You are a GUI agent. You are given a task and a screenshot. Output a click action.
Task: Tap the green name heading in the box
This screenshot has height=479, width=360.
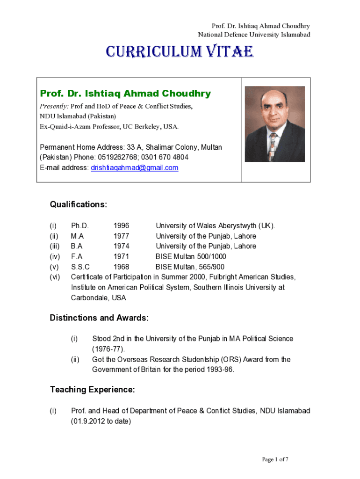tap(125, 94)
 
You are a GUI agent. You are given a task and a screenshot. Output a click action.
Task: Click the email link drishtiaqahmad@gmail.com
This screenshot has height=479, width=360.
tap(134, 167)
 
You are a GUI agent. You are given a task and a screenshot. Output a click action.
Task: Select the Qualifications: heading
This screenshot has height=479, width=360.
tap(79, 205)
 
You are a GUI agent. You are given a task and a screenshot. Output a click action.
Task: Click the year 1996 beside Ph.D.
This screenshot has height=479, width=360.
tap(122, 225)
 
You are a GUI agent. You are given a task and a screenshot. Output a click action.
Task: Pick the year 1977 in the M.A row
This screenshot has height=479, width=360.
tap(122, 236)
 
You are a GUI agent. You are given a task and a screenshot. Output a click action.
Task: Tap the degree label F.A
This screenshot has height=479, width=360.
tap(77, 256)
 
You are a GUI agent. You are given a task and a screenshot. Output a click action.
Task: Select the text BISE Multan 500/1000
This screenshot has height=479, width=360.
tap(191, 256)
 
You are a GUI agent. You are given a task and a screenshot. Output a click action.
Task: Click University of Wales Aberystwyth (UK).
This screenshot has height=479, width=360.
tap(216, 225)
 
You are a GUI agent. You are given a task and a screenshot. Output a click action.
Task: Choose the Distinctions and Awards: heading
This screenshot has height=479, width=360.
tap(99, 318)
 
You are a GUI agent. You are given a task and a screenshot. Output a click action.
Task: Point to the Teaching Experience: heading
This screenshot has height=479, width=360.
tap(93, 390)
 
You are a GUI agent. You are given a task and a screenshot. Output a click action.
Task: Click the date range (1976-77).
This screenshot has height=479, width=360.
tap(108, 349)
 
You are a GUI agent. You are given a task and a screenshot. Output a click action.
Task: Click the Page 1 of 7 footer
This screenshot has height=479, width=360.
tap(275, 459)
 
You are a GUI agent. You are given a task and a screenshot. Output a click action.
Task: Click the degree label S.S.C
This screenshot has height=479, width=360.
tap(80, 267)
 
